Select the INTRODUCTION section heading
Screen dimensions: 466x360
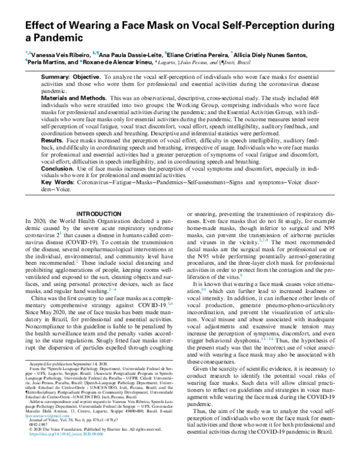click(x=101, y=214)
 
